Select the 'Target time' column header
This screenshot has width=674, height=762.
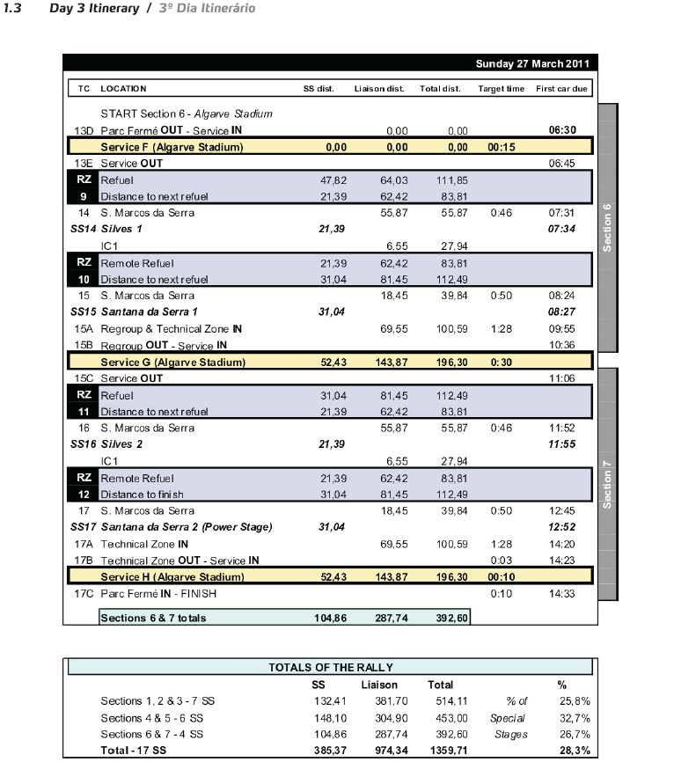(x=502, y=89)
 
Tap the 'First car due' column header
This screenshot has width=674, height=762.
(x=562, y=89)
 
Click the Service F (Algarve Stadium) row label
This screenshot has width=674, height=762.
(x=172, y=147)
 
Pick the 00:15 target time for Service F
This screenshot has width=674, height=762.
(x=501, y=147)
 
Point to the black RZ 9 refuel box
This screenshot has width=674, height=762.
(x=84, y=187)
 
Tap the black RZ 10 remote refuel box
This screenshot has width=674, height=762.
(x=84, y=271)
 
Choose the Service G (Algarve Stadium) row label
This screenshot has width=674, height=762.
(x=172, y=362)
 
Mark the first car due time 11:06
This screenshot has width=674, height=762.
(x=561, y=378)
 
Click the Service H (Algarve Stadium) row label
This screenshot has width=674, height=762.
(x=172, y=577)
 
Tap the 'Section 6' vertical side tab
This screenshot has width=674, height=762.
(x=607, y=227)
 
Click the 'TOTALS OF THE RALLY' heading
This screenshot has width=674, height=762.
(x=330, y=668)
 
